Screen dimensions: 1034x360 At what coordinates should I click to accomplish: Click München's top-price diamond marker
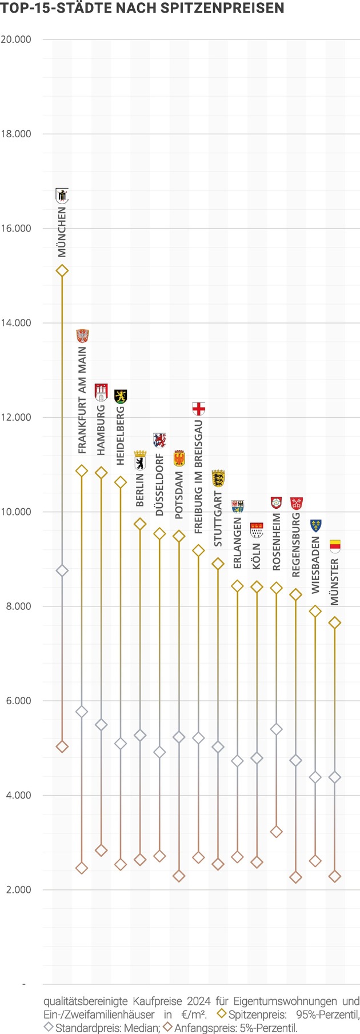(62, 271)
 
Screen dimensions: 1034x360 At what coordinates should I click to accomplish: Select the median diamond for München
(62, 570)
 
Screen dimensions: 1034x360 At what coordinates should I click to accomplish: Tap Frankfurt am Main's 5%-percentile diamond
(82, 868)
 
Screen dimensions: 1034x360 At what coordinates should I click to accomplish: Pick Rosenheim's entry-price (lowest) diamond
(276, 832)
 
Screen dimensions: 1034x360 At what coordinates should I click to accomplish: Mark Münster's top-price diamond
(335, 623)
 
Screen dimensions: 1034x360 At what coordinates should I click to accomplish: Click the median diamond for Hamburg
(101, 725)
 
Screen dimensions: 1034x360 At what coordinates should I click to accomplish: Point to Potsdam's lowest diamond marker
(179, 876)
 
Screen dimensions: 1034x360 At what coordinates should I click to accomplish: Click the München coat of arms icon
(62, 195)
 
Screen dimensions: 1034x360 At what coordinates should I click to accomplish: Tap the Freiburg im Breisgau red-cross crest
(198, 409)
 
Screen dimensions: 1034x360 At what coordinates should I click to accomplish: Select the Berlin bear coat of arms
(140, 459)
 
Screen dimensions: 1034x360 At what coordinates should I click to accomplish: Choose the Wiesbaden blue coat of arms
(315, 525)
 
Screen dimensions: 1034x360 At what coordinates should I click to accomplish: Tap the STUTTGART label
(218, 518)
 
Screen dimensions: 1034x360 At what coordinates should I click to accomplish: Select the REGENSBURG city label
(296, 545)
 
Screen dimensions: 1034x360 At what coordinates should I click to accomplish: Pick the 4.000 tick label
(18, 795)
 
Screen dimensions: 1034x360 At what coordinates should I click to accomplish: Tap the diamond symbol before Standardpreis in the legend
(49, 1027)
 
